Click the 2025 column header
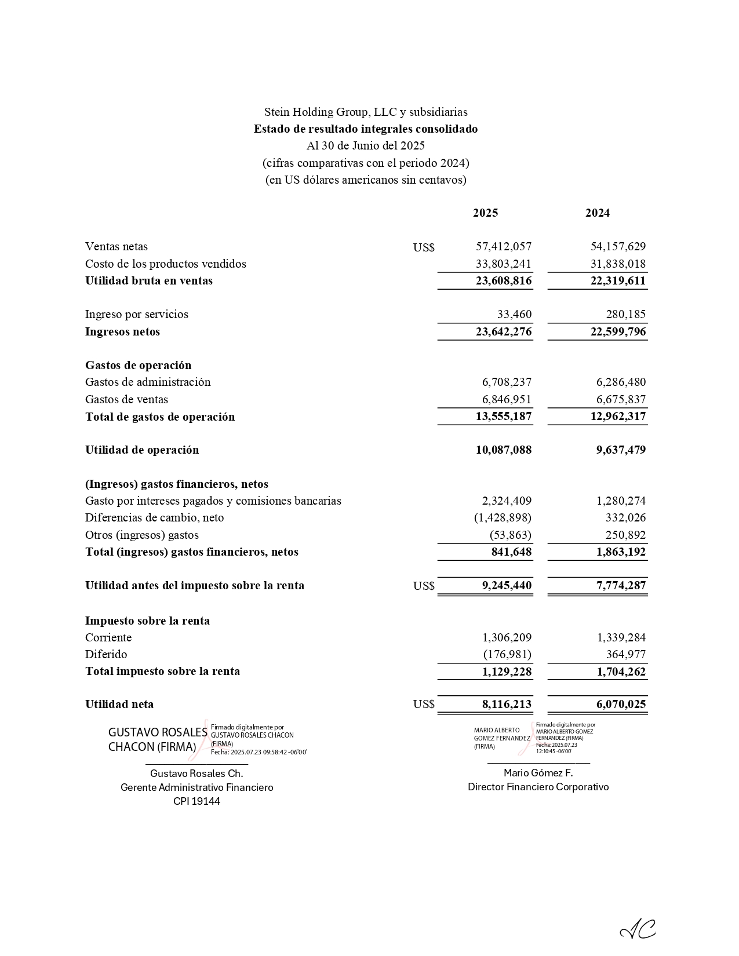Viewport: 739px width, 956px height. point(485,213)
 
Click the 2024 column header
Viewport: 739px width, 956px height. point(597,213)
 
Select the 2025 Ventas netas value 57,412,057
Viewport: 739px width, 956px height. point(504,246)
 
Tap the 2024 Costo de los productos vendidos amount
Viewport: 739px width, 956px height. point(618,264)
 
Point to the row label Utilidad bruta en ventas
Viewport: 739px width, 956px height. point(149,280)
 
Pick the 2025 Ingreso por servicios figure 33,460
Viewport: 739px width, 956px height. point(514,314)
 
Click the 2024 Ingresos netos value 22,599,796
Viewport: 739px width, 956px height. point(618,331)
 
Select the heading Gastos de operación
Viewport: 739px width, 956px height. point(138,365)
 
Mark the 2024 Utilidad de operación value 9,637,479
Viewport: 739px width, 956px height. point(621,450)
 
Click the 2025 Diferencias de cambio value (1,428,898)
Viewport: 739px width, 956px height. point(503,517)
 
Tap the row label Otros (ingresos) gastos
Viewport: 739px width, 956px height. point(142,535)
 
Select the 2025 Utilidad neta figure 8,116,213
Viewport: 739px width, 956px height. point(507,705)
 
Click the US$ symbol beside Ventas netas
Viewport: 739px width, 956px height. point(424,247)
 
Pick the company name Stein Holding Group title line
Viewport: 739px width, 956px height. point(366,112)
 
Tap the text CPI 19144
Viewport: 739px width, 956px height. point(196,801)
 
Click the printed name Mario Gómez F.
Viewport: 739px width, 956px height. point(538,773)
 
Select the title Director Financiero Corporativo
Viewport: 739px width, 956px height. point(538,787)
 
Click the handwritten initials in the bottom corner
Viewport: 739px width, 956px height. point(638,931)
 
